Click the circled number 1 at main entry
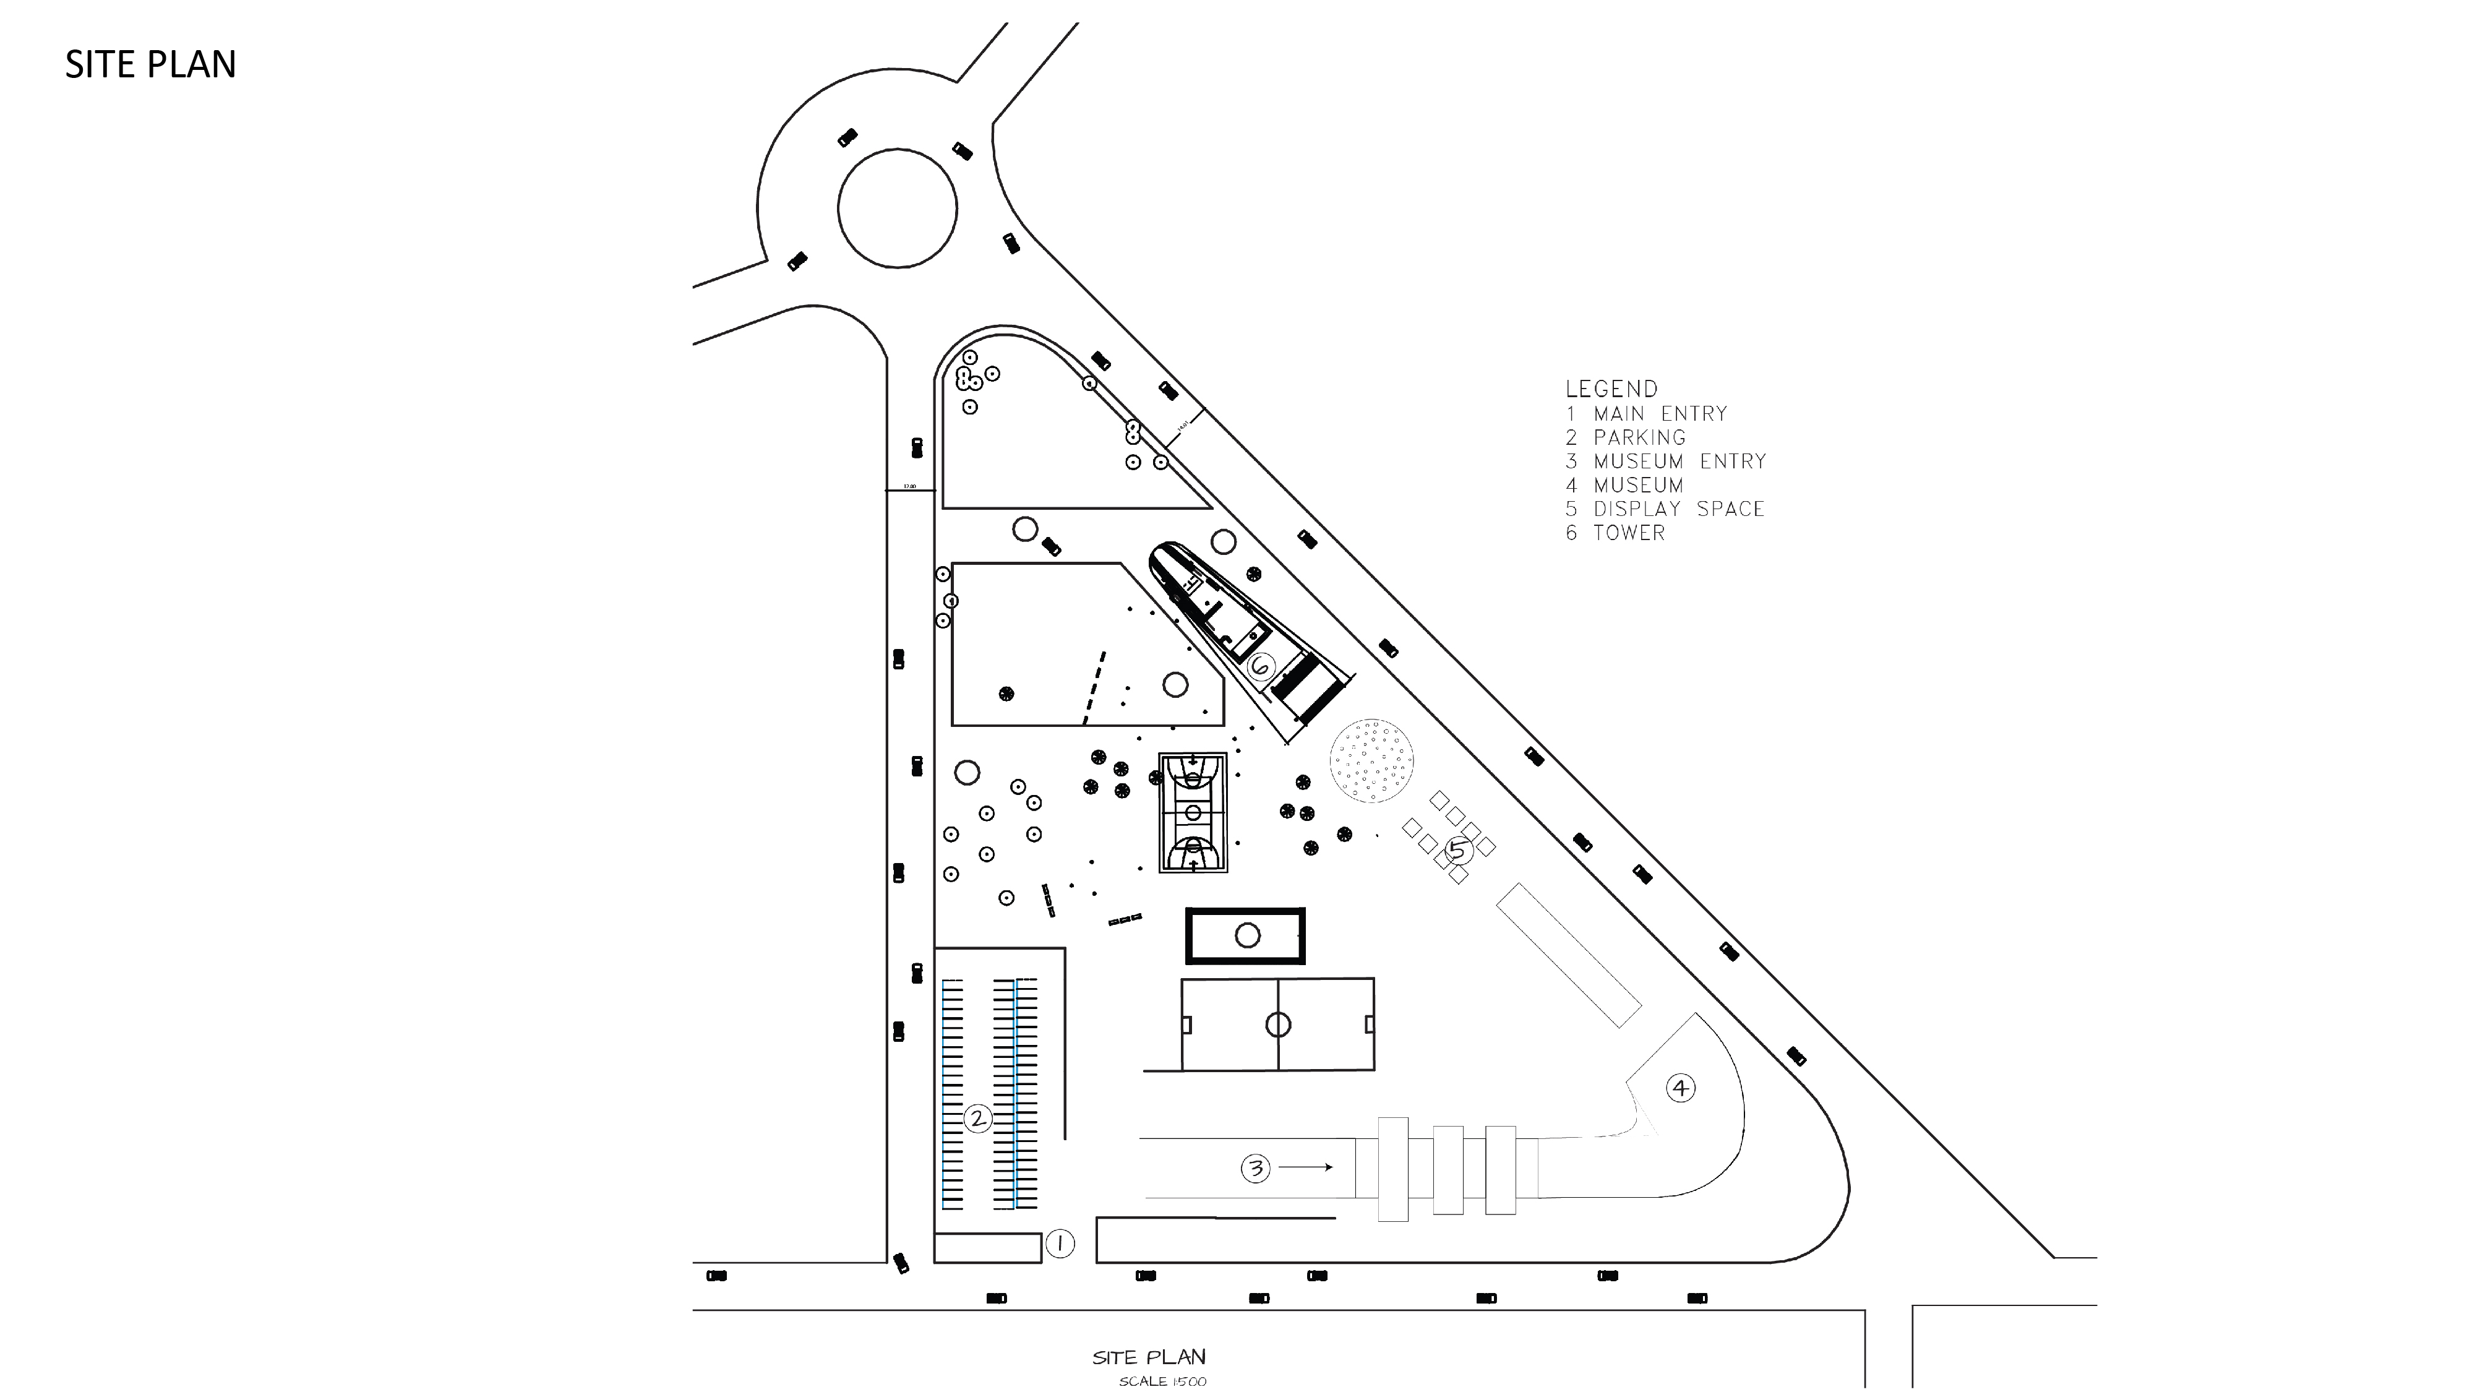coord(1059,1244)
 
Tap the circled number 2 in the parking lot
coord(977,1118)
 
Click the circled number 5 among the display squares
coord(1457,849)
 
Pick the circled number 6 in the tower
coord(1261,666)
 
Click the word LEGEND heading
coord(1611,389)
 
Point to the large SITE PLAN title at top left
coord(151,64)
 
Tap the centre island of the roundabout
coord(898,208)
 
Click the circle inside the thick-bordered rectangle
coord(1247,935)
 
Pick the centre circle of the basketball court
coord(1193,813)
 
